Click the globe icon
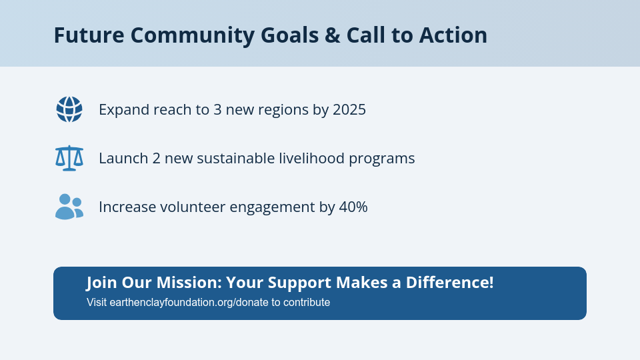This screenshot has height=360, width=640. click(69, 109)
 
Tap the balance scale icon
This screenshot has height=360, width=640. click(69, 159)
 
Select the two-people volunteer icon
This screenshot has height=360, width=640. click(69, 207)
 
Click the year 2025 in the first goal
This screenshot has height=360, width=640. click(349, 109)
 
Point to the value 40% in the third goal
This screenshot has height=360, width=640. click(353, 207)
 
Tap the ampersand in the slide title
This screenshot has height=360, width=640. click(333, 35)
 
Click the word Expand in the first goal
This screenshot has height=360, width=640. click(123, 109)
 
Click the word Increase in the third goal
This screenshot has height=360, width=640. click(127, 207)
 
